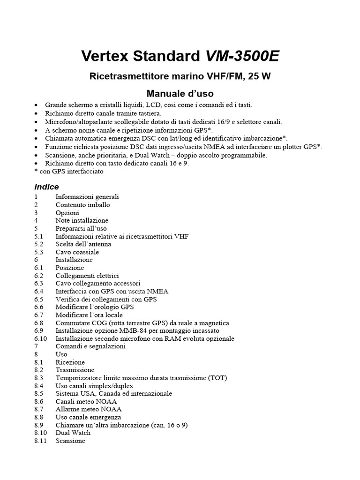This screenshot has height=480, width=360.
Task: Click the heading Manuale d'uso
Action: point(180,93)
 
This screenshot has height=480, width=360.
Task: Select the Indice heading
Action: point(46,187)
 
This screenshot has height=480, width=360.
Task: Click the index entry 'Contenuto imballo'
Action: point(82,205)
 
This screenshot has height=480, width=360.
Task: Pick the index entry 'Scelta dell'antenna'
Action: point(83,244)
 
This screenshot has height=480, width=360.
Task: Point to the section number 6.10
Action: point(41,338)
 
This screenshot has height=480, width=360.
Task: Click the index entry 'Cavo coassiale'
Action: point(77,252)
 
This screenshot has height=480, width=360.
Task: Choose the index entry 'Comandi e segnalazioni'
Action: point(90,346)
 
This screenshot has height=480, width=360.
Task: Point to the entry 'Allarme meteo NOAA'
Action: point(85,409)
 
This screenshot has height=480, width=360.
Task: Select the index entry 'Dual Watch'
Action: point(73,433)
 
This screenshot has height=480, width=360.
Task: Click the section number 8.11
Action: point(41,441)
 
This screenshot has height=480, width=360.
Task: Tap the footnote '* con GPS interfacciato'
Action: point(69,172)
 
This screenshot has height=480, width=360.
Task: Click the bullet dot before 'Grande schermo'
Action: point(37,105)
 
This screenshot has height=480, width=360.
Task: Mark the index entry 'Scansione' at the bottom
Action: point(70,441)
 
